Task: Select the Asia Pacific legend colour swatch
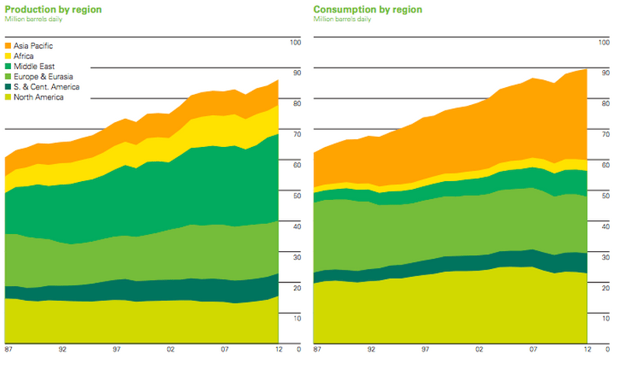(x=9, y=46)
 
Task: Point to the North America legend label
(x=38, y=96)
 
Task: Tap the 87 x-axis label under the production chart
(x=8, y=349)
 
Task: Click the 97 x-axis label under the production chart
(x=116, y=349)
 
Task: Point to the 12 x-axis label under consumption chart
(x=588, y=349)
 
